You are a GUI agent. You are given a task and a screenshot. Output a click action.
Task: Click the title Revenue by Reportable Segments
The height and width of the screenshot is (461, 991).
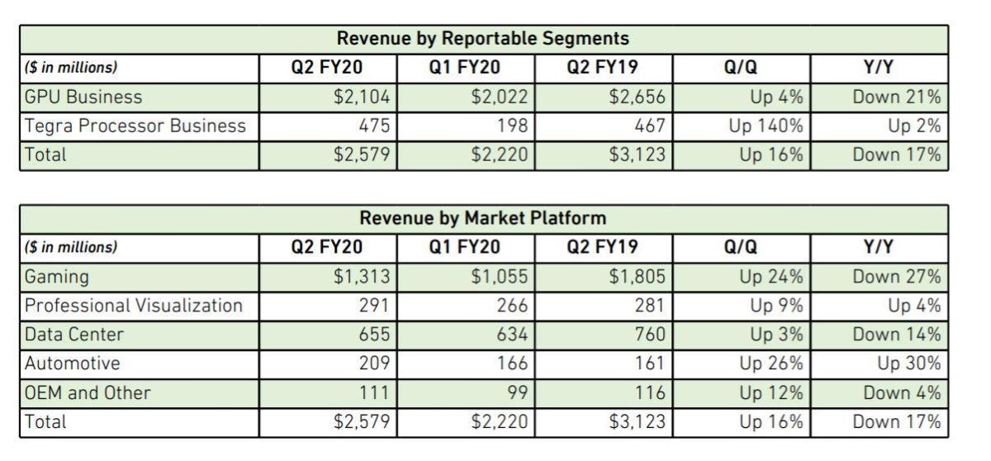pyautogui.click(x=483, y=38)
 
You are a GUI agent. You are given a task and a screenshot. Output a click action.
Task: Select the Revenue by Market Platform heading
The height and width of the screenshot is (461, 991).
pyautogui.click(x=483, y=218)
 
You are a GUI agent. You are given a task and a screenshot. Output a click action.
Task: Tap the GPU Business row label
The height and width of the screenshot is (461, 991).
pyautogui.click(x=83, y=97)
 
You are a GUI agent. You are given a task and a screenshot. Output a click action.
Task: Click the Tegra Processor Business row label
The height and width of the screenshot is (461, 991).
pyautogui.click(x=135, y=126)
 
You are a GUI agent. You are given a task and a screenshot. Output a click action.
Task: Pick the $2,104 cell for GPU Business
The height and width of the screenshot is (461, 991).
pyautogui.click(x=362, y=97)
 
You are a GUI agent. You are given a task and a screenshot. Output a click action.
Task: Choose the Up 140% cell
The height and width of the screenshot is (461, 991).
pyautogui.click(x=766, y=126)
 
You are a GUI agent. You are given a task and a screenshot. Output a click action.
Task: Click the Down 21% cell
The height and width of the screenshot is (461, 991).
pyautogui.click(x=897, y=97)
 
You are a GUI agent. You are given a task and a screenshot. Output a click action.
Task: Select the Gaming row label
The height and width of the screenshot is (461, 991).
pyautogui.click(x=57, y=276)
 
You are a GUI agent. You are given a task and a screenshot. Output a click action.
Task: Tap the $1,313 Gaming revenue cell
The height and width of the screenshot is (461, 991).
pyautogui.click(x=362, y=276)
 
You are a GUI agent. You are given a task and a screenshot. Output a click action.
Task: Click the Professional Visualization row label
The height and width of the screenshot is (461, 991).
pyautogui.click(x=134, y=306)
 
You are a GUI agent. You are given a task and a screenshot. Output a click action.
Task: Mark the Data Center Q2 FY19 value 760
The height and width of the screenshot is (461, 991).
pyautogui.click(x=647, y=335)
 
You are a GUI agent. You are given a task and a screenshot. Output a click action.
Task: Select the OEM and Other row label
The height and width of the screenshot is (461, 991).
pyautogui.click(x=88, y=392)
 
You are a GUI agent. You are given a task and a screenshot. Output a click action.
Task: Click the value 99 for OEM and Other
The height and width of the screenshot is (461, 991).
pyautogui.click(x=517, y=392)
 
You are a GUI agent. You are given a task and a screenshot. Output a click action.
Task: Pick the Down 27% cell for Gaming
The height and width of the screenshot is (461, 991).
pyautogui.click(x=897, y=276)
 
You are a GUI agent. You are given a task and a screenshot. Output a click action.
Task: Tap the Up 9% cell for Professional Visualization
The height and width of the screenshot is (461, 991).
pyautogui.click(x=776, y=306)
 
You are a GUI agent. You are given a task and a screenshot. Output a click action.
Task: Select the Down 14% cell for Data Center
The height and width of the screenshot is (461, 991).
pyautogui.click(x=897, y=335)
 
